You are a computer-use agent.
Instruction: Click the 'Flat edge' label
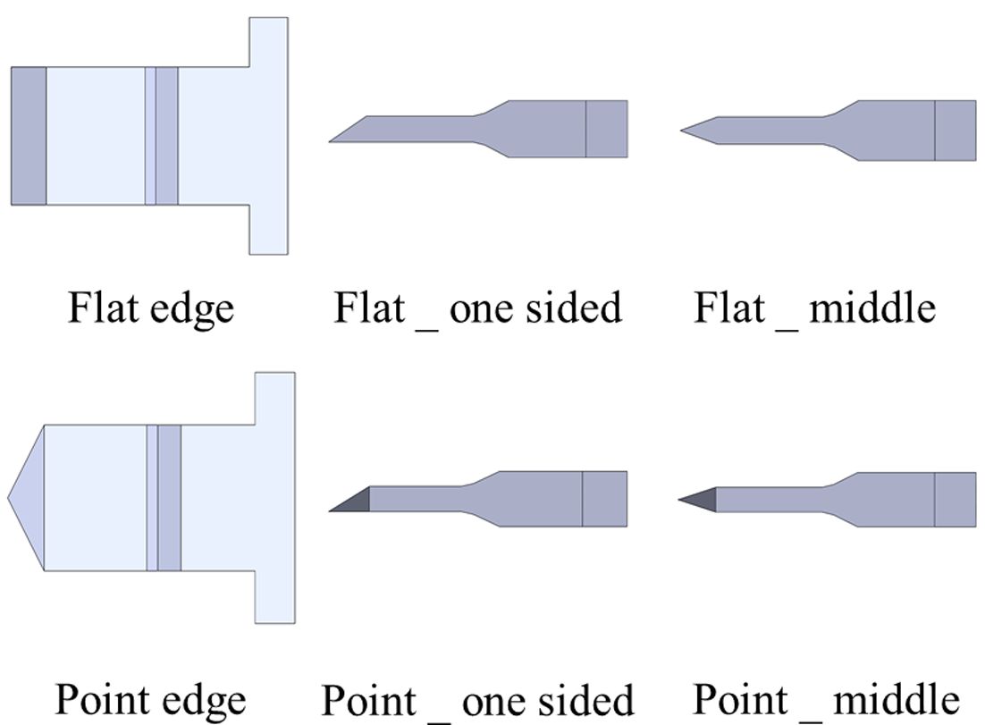(x=151, y=308)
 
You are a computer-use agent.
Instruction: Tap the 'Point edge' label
(x=150, y=700)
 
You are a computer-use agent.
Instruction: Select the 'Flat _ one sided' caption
(x=477, y=308)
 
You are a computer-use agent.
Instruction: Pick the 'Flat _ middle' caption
(x=814, y=308)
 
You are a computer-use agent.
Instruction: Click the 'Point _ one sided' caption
(x=477, y=700)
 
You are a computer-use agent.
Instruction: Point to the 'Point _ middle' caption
(x=826, y=700)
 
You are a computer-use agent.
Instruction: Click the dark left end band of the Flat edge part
(x=29, y=135)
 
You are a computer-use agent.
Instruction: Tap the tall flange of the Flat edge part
(x=268, y=135)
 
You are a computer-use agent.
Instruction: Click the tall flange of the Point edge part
(x=274, y=497)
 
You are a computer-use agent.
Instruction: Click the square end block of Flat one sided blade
(x=607, y=129)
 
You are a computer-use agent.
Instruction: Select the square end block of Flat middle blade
(x=956, y=131)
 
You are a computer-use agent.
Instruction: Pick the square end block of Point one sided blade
(x=605, y=499)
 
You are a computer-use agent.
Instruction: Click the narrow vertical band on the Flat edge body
(x=161, y=135)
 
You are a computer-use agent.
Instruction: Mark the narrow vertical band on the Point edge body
(x=164, y=497)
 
